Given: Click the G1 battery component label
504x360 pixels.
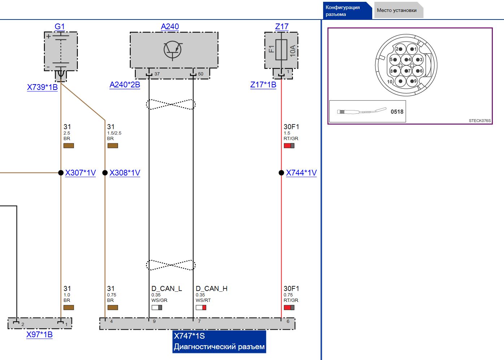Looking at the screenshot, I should [60, 26].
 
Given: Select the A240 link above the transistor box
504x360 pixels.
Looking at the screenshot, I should [170, 26].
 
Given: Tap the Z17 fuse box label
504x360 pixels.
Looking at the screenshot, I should [282, 26].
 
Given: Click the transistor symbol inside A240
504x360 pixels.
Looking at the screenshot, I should [173, 49].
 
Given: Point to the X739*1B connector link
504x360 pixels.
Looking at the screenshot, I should [42, 87].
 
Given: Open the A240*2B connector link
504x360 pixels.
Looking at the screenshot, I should [125, 84].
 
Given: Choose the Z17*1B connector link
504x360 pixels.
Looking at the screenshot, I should [263, 84].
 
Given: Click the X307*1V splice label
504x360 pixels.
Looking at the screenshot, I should [81, 173].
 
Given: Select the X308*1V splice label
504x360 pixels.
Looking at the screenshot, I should [125, 173].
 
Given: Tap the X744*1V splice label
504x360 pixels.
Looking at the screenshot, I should [301, 173].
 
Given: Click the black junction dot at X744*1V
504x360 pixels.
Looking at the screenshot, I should [281, 173].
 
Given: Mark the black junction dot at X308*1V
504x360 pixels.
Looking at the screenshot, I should [105, 173].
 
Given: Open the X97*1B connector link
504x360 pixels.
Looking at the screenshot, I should [39, 334].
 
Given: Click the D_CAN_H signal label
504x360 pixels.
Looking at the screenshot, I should [212, 289].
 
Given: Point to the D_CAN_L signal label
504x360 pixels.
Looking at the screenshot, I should [166, 289].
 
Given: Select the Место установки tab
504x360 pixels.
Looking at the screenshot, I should [397, 10].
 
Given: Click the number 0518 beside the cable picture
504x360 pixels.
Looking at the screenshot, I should [397, 112].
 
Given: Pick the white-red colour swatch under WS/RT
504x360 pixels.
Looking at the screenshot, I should [201, 308].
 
